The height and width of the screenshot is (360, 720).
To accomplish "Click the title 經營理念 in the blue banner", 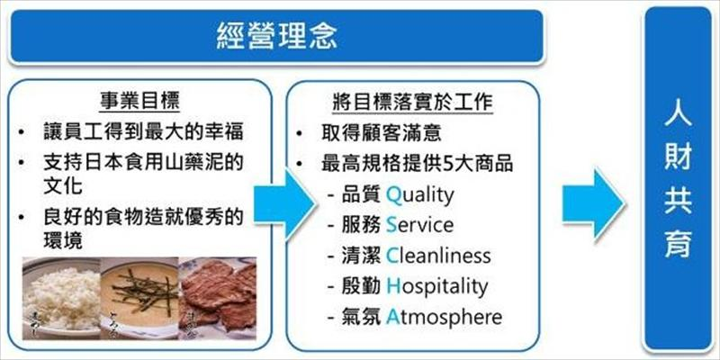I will click(x=277, y=36).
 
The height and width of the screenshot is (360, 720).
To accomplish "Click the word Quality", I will click(x=420, y=194).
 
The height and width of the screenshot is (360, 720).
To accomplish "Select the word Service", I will click(x=419, y=224).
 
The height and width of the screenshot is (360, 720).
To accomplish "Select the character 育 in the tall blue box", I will click(x=677, y=244).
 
